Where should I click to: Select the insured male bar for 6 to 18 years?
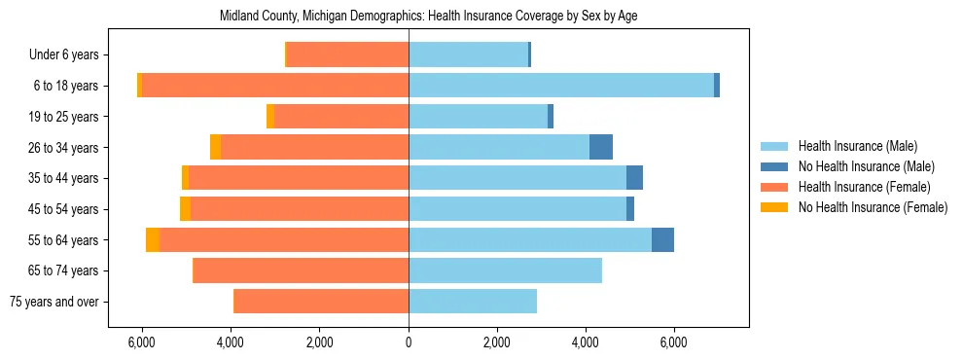click(561, 86)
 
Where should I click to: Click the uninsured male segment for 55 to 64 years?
click(662, 240)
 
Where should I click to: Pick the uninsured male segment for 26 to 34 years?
click(601, 147)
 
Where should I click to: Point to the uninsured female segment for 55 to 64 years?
click(153, 240)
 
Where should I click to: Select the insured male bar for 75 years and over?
click(473, 302)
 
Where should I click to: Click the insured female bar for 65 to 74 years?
click(302, 270)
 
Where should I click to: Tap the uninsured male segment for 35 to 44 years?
click(634, 178)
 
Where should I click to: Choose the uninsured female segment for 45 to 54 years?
click(186, 209)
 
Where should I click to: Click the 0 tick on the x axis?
click(409, 342)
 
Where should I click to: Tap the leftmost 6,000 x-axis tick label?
click(142, 342)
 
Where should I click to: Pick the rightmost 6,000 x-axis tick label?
click(674, 342)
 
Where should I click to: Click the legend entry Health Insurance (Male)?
click(857, 146)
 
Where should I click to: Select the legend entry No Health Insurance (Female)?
click(873, 207)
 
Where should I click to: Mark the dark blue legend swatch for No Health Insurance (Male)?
click(774, 166)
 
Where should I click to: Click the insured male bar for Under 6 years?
click(468, 54)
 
